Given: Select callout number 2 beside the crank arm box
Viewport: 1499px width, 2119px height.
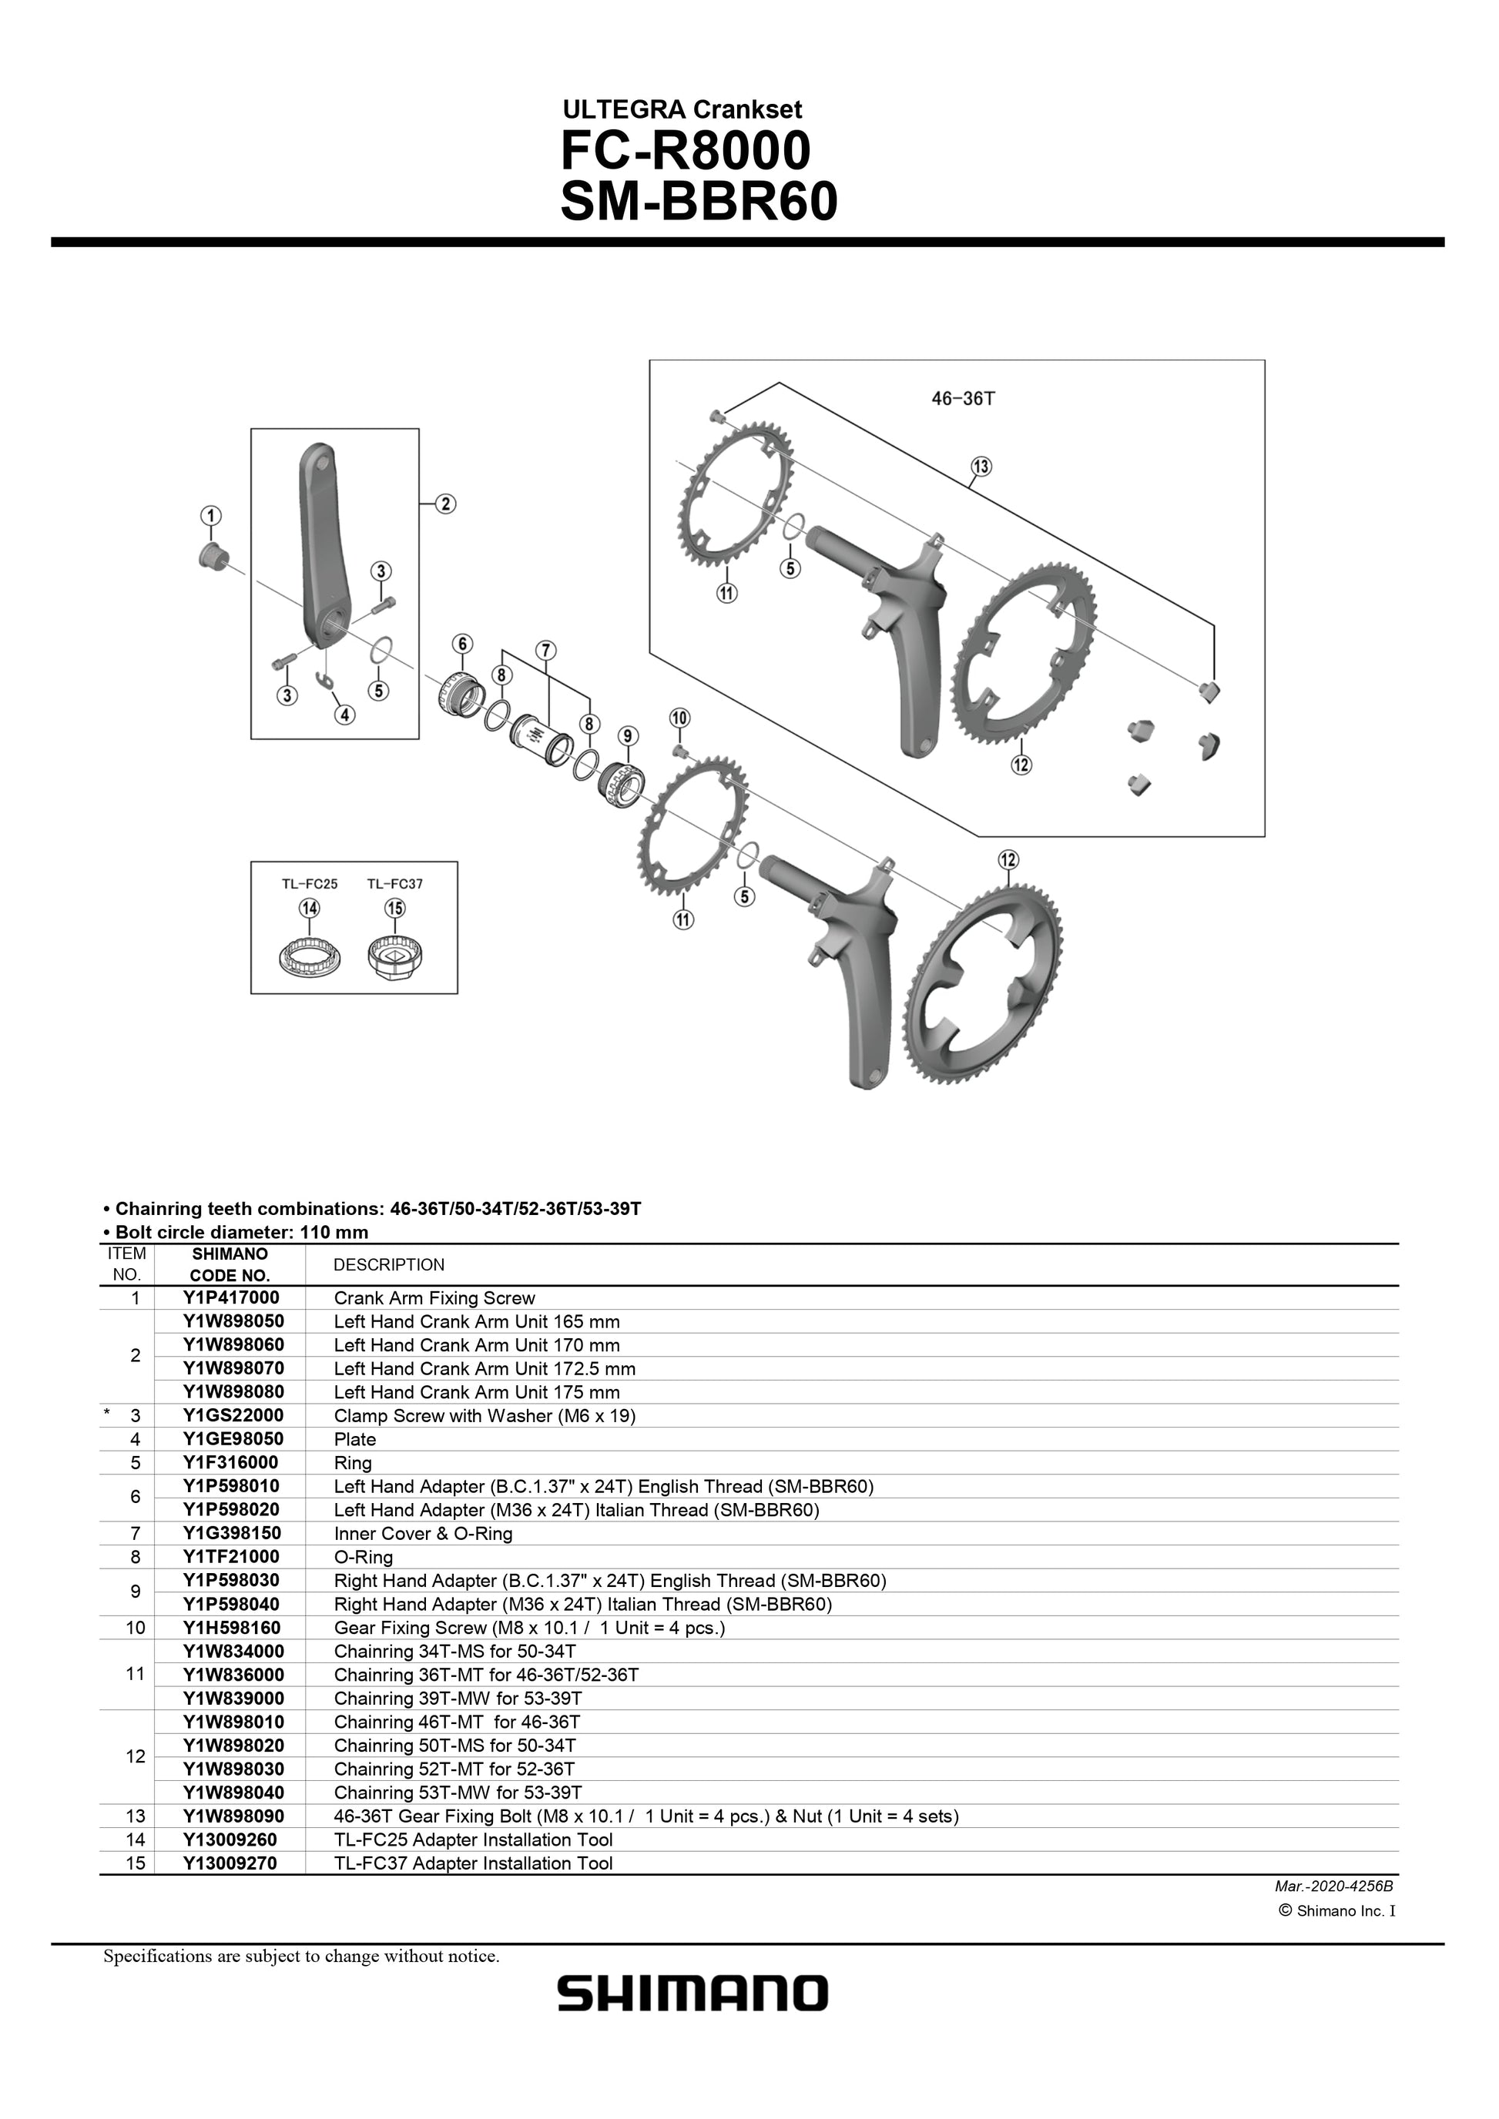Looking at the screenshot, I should pos(445,503).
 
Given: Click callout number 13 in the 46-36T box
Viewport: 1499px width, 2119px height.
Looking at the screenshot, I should pos(981,466).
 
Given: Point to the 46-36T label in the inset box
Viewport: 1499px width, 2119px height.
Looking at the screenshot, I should pos(963,399).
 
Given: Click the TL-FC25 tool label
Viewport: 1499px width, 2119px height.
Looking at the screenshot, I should pos(309,883).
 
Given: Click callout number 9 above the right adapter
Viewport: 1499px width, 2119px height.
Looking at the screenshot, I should pos(628,735).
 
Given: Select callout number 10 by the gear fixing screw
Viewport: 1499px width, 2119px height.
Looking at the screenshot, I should pos(679,718).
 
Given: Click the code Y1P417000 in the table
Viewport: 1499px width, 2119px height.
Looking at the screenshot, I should pos(231,1297).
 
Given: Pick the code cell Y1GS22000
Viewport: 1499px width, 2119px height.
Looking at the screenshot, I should pos(233,1414).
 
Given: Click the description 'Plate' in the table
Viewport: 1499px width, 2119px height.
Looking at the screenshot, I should pos(354,1439).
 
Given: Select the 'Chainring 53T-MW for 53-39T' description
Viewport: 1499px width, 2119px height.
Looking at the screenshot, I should pos(458,1793).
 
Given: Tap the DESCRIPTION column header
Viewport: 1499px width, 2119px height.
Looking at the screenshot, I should pos(388,1264).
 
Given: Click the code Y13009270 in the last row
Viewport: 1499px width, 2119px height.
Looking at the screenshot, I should pos(230,1863).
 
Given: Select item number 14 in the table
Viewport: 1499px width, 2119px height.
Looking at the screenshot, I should pos(136,1839).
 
